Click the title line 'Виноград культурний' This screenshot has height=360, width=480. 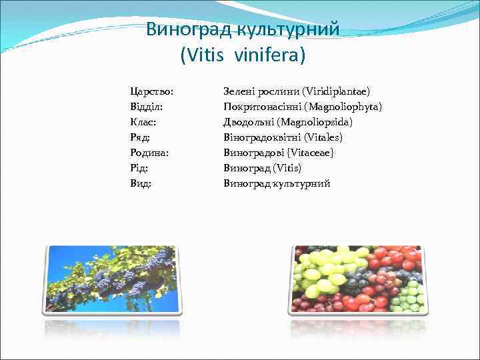point(243,29)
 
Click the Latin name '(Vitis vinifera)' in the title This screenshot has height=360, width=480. point(243,54)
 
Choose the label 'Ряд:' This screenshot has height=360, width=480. point(140,137)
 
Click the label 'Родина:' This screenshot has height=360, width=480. point(149,153)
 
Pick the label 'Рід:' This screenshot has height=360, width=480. point(140,168)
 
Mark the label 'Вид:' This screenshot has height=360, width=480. point(141,183)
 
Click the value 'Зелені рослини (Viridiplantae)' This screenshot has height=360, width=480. point(297,91)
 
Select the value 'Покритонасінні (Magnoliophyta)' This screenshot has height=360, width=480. point(302,107)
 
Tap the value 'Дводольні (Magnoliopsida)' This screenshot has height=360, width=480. point(288,122)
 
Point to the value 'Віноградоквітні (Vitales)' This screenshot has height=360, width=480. point(283,137)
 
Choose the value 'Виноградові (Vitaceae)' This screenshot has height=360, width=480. point(279,153)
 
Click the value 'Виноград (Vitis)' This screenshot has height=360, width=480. point(262,168)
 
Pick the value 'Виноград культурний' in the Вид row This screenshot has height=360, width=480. point(277,183)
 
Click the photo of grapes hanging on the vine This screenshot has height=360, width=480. point(111,279)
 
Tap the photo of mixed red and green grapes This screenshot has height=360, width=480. point(358,279)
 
